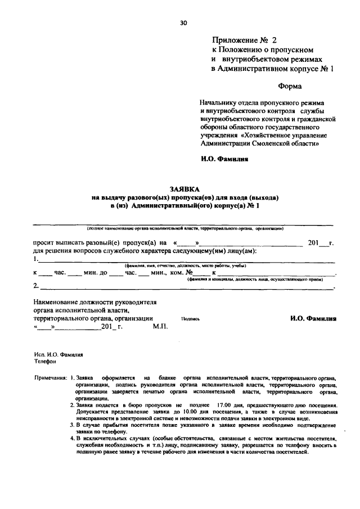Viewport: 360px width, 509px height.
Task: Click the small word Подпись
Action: (191, 318)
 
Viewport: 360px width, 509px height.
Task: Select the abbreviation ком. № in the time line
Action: (182, 272)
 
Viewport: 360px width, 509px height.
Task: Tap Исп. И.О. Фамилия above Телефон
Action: (57, 355)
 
